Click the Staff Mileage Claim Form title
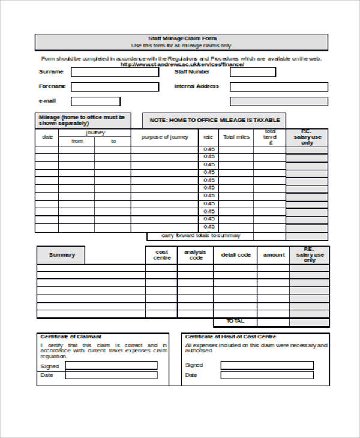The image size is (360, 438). pyautogui.click(x=181, y=38)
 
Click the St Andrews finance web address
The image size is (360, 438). pyautogui.click(x=182, y=65)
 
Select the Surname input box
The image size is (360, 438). pyautogui.click(x=115, y=72)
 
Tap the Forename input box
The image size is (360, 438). pyautogui.click(x=115, y=86)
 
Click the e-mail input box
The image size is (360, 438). pyautogui.click(x=95, y=101)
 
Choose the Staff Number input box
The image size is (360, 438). pyautogui.click(x=253, y=72)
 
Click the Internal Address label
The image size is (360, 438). pyautogui.click(x=196, y=86)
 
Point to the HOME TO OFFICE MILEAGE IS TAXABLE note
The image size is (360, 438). pyautogui.click(x=214, y=121)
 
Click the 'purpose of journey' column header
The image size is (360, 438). pyautogui.click(x=164, y=137)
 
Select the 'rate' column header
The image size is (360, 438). pyautogui.click(x=208, y=137)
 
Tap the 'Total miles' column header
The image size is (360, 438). pyautogui.click(x=236, y=137)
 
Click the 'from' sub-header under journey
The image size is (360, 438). pyautogui.click(x=77, y=142)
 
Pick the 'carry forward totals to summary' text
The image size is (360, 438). pyautogui.click(x=193, y=236)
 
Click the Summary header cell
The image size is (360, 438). pyautogui.click(x=62, y=255)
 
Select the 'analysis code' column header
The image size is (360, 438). pyautogui.click(x=194, y=255)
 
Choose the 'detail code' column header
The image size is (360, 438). pyautogui.click(x=236, y=255)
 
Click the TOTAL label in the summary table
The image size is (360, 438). pyautogui.click(x=236, y=321)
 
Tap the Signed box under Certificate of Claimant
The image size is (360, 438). pyautogui.click(x=111, y=365)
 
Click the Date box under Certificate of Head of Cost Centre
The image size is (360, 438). pyautogui.click(x=267, y=375)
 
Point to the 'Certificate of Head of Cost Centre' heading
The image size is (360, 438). pyautogui.click(x=230, y=337)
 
